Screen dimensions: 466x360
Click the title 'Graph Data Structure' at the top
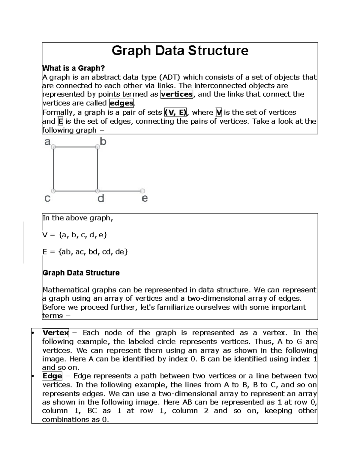tap(180, 51)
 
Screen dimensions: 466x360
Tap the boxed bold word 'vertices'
tap(177, 94)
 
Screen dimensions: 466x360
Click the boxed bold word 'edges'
tap(121, 103)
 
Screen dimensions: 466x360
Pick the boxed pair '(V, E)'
tap(175, 113)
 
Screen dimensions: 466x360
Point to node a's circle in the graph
tap(53, 147)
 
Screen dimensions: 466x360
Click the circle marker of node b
tap(97, 147)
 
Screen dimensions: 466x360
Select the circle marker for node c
tap(53, 191)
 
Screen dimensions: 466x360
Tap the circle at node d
tap(97, 191)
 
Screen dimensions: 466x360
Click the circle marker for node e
tap(143, 191)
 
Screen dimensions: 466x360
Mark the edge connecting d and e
tap(120, 191)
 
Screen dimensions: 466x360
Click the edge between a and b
tap(75, 147)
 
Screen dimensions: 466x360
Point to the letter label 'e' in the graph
tap(145, 198)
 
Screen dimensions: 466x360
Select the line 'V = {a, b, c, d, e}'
tap(75, 235)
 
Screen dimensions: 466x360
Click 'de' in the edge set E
tap(120, 252)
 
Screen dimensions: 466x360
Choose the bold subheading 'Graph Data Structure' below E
tap(81, 273)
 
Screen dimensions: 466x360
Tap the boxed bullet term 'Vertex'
tap(55, 333)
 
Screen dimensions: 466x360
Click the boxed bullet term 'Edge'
tap(52, 376)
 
